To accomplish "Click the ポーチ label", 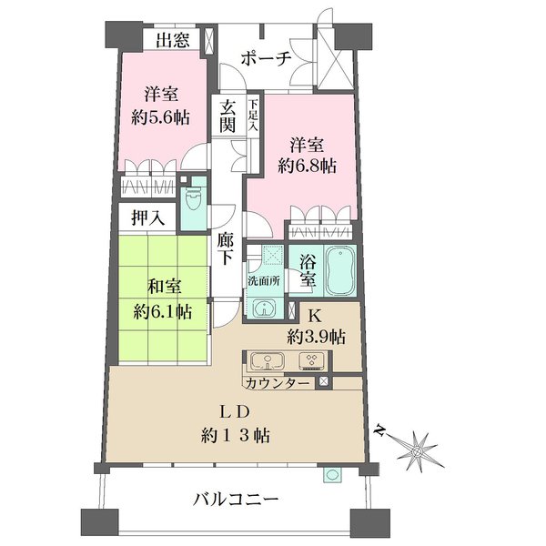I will [x=265, y=58].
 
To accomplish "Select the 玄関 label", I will [x=227, y=116].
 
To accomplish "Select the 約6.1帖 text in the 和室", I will [x=165, y=309].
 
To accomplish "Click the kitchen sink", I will [x=265, y=359].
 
